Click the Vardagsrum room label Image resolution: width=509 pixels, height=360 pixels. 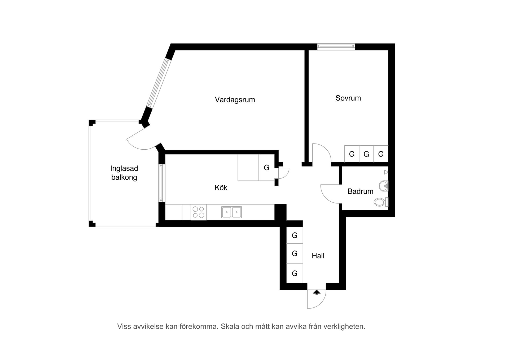[x=235, y=100]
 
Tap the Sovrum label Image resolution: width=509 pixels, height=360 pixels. [x=348, y=98]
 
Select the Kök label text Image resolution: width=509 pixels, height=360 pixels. [x=221, y=188]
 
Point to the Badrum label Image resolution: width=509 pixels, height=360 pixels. [x=360, y=191]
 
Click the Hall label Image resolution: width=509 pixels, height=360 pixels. [x=318, y=256]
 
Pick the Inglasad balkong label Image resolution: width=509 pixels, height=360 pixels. [x=124, y=173]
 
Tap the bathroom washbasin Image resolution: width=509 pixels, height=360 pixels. [x=384, y=186]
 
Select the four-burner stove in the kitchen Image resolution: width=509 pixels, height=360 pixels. [x=199, y=212]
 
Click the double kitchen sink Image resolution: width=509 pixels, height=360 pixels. [x=231, y=212]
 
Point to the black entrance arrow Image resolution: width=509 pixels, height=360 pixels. [x=317, y=292]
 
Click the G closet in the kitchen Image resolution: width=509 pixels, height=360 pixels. [x=267, y=168]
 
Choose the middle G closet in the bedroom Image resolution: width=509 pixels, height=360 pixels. [x=366, y=154]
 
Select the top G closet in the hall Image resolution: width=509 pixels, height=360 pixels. [x=295, y=235]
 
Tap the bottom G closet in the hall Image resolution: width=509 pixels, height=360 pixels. [x=295, y=273]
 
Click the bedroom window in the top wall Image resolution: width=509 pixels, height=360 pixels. [x=336, y=47]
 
